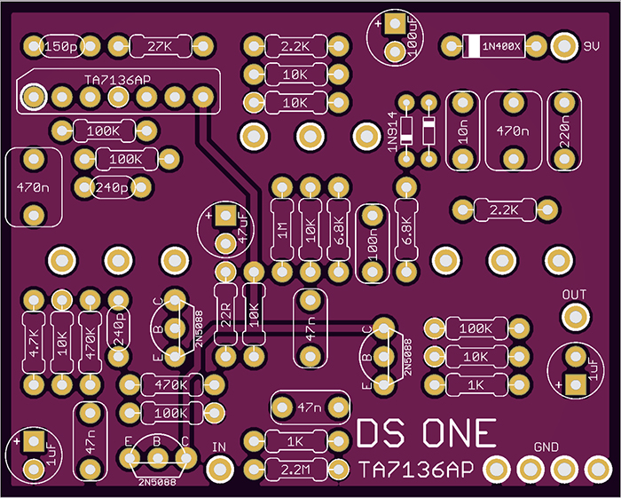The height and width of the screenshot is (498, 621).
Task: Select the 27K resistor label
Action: tap(161, 45)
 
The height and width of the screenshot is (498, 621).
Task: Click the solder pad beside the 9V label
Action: tap(563, 44)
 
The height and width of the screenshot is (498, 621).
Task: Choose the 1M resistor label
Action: tap(281, 233)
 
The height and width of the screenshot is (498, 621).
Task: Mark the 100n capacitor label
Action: tap(371, 242)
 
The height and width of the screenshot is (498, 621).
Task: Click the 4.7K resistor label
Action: tap(34, 343)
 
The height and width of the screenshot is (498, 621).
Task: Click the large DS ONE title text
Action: tap(426, 433)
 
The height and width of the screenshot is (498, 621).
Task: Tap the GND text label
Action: tap(546, 446)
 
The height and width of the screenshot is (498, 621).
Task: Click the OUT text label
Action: tap(575, 294)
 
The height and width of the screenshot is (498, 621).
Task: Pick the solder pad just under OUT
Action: tap(575, 315)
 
